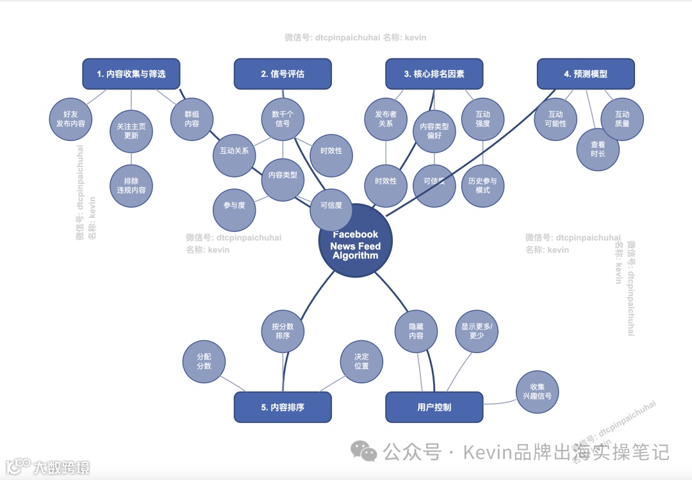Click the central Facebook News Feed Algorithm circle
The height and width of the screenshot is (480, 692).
(x=355, y=242)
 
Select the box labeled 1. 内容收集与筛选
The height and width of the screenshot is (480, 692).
(x=131, y=74)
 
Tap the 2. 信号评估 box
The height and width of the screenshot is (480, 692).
(x=283, y=74)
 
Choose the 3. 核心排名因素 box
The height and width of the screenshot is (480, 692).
(x=434, y=74)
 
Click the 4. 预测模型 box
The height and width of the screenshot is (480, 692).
(x=586, y=74)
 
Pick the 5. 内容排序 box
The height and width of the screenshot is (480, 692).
(x=283, y=407)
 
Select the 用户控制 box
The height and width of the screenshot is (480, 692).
(x=434, y=407)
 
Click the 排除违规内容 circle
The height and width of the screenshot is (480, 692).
(x=131, y=186)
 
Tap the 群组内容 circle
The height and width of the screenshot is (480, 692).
(x=192, y=119)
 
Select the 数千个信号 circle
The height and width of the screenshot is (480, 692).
(x=283, y=119)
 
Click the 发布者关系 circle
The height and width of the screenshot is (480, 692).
(x=386, y=119)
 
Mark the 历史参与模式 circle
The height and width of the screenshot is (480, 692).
(x=483, y=186)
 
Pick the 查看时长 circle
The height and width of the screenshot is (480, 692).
(x=597, y=149)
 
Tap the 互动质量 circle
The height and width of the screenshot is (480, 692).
(x=622, y=119)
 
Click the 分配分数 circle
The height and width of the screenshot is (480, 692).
(x=204, y=361)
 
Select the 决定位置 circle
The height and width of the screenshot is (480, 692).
(x=361, y=361)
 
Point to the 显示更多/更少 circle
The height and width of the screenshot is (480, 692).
(x=476, y=331)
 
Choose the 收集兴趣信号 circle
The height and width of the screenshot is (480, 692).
(x=538, y=392)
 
